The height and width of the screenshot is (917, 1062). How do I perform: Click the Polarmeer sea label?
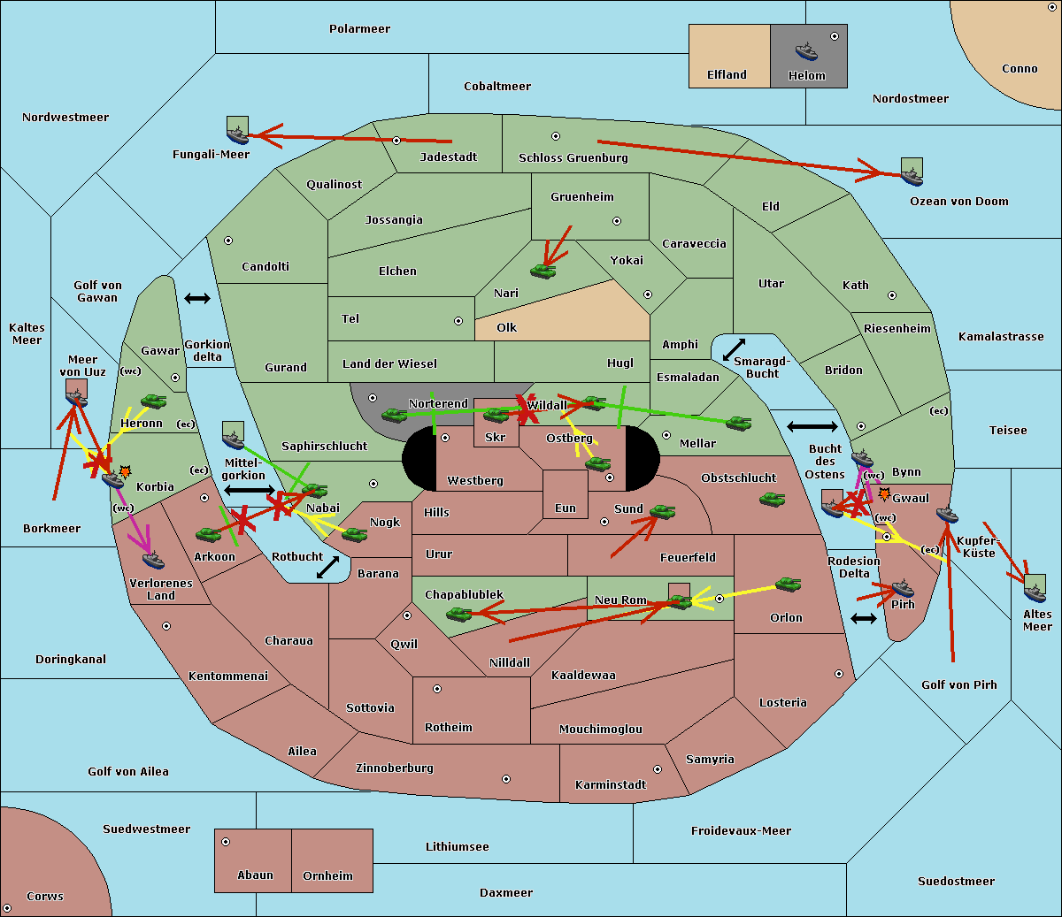pos(359,29)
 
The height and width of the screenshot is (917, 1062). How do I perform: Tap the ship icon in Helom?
pos(806,51)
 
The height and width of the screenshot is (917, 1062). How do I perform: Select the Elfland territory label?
pos(727,75)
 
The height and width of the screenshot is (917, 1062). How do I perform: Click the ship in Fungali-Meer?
pos(237,134)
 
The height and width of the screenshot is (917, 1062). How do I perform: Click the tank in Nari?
pos(543,271)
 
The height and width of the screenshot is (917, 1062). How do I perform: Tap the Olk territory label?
pos(506,327)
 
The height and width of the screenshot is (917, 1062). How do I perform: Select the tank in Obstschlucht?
pos(773,499)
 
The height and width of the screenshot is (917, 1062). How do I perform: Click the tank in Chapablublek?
pos(458,614)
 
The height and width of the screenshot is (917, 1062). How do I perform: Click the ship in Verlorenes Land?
pos(153,560)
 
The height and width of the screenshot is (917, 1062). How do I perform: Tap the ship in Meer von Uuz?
pos(77,397)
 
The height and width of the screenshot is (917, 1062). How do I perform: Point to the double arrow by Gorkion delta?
pos(197,298)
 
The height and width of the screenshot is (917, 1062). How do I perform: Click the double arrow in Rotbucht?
pos(328,567)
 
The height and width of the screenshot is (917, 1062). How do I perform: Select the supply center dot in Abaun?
pos(226,842)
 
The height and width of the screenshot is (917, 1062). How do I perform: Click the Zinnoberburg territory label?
pos(395,768)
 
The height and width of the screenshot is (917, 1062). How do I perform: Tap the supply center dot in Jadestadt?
pos(396,141)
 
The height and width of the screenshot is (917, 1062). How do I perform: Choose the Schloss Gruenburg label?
pos(573,157)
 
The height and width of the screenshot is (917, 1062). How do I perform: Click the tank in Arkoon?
pos(209,535)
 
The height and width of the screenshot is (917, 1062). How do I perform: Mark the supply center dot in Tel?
pos(458,321)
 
